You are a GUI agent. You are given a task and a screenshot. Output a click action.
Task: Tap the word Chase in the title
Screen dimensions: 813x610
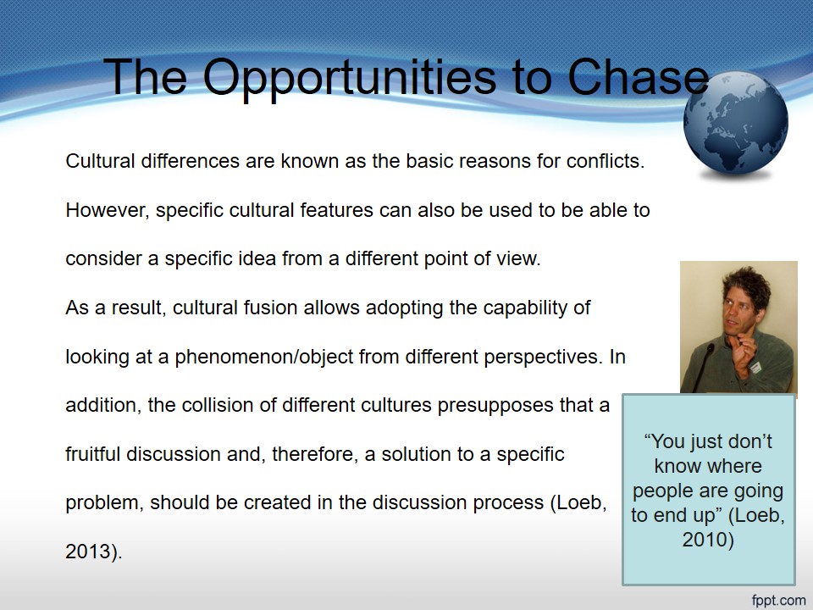click(x=639, y=76)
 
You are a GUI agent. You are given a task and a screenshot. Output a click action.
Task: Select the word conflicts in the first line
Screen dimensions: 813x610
click(x=605, y=161)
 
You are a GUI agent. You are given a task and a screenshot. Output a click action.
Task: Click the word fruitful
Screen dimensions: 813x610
click(x=93, y=454)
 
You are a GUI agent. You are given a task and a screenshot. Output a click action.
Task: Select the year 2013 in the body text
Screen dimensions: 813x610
click(x=88, y=552)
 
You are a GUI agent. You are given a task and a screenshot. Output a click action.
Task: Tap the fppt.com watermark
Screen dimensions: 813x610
click(x=779, y=600)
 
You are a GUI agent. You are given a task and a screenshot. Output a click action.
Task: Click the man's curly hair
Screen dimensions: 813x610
click(x=747, y=285)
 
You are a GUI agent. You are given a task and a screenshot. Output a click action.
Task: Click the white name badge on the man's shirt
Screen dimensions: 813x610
click(x=755, y=367)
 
